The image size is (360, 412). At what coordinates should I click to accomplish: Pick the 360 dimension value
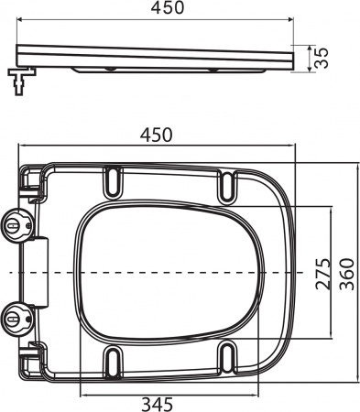(x=347, y=272)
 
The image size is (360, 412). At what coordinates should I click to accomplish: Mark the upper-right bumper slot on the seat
(x=225, y=184)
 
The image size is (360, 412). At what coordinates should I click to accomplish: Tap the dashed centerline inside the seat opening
(x=174, y=273)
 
